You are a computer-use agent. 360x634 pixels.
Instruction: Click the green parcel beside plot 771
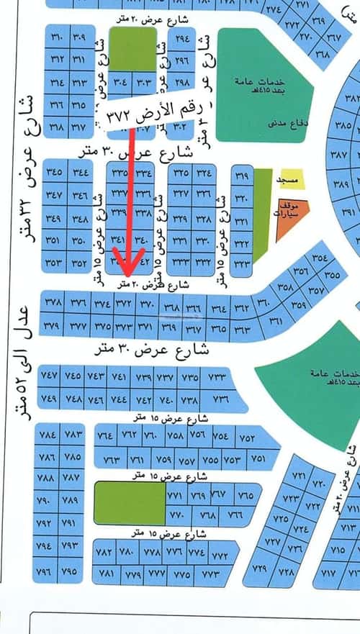click(130, 504)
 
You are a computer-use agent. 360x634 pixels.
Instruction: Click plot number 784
click(49, 435)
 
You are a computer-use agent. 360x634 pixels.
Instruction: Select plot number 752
click(247, 438)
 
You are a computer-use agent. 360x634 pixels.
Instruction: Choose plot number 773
click(210, 574)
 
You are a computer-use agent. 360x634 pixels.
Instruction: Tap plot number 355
click(332, 275)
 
